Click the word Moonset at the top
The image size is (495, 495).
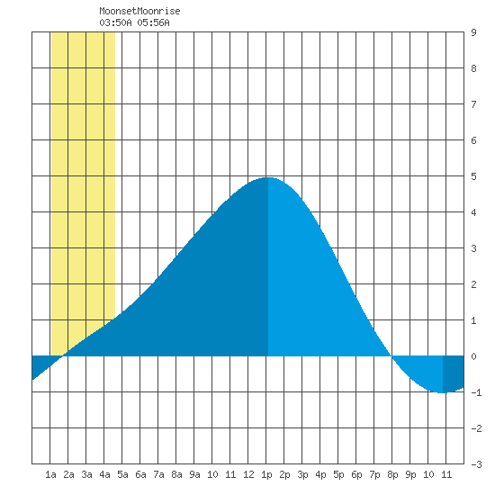coord(118,11)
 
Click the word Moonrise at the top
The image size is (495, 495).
coord(158,11)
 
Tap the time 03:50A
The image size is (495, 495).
coord(115,22)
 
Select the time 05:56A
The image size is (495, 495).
coord(153,22)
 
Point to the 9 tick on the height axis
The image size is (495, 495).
coord(473,32)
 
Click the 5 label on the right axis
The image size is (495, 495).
coord(473,176)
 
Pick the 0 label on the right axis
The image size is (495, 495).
coord(473,356)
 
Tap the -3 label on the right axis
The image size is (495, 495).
coord(476,464)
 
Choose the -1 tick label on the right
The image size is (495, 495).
coord(476,392)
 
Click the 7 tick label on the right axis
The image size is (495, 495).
coord(473,104)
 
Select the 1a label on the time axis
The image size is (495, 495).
coord(50,474)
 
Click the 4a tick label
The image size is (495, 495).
coord(104,474)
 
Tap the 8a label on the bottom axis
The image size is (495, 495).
coord(176,474)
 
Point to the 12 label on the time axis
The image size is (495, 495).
coord(248,474)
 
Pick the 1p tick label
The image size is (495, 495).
coord(266,474)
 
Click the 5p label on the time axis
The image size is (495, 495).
coord(338,474)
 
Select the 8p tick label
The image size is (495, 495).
coord(392,474)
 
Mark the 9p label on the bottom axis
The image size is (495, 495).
coord(410,474)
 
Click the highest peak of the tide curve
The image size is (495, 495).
coord(268,177)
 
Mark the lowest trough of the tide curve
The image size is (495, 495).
coord(443,392)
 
